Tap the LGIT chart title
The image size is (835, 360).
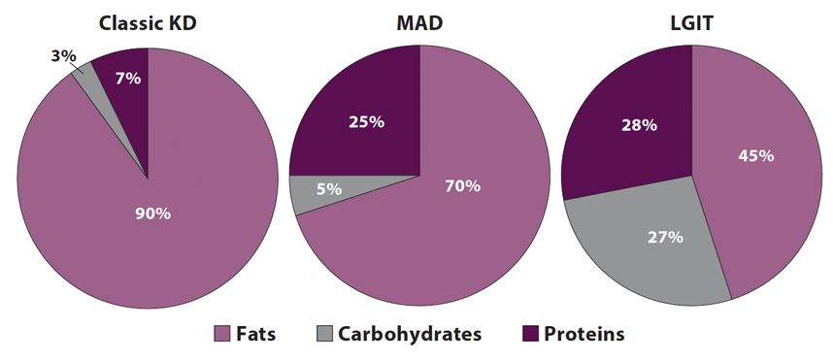coord(691,24)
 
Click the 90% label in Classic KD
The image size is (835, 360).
coord(152,213)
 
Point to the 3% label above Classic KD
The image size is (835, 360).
coord(63,56)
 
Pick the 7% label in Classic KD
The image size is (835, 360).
coord(127,79)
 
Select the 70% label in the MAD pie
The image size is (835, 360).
coord(462,185)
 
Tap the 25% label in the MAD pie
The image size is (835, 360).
coord(366,122)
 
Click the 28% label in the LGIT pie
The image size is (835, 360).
coord(639,125)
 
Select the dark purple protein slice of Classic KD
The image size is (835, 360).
coord(133,97)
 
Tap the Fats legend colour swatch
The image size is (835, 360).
coord(221,335)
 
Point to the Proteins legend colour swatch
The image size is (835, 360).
coord(529,335)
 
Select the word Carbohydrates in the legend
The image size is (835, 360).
coord(410,335)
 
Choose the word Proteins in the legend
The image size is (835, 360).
coord(584,335)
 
